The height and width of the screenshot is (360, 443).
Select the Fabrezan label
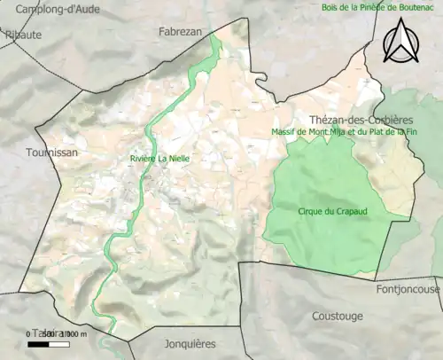180,30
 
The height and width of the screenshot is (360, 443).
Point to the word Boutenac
415,8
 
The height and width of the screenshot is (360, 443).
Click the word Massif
288,132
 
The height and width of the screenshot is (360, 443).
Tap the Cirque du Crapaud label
326,211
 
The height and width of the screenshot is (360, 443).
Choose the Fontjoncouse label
406,288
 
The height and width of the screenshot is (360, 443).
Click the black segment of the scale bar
36,343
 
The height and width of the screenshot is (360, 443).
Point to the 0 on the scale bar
27,333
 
